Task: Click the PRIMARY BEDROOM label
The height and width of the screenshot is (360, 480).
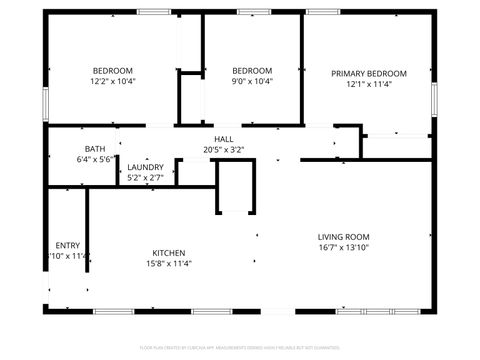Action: point(369,74)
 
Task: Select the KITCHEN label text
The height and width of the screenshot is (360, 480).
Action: point(169,253)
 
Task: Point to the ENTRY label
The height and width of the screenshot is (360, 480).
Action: point(68,245)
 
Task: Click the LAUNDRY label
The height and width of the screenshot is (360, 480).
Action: point(145,167)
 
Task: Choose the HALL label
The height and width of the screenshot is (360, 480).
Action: point(224,140)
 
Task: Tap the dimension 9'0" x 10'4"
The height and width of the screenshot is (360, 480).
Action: point(252,81)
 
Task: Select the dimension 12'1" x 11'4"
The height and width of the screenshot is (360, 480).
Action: point(369,85)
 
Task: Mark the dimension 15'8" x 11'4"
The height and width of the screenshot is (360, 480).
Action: point(169,264)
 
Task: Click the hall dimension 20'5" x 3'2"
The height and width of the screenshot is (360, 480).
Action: point(224,151)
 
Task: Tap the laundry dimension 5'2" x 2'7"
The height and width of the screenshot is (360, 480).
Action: point(145,178)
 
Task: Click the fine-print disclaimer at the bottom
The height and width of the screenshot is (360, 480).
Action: point(239,347)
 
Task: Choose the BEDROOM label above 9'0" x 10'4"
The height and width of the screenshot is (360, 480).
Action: point(252,70)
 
